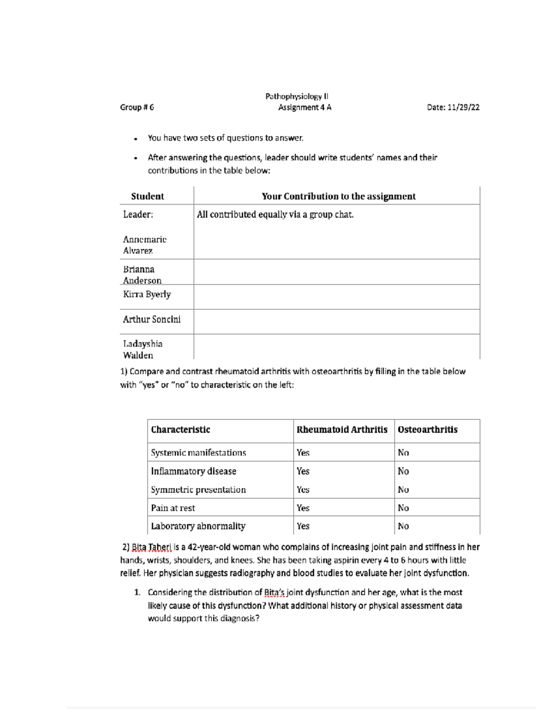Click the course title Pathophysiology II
point(296,96)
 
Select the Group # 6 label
point(137,108)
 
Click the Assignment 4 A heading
point(304,108)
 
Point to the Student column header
point(147,196)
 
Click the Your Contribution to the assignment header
point(338,196)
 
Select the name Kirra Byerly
point(147,295)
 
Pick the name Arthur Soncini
point(151,319)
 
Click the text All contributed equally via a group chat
point(275,215)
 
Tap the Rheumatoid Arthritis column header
point(342,430)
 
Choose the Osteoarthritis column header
point(428,430)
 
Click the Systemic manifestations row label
point(198,453)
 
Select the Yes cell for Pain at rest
point(303,508)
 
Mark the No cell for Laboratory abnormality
point(403,526)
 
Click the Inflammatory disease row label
point(193,471)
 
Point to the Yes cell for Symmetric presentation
point(303,490)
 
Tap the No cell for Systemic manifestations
point(403,453)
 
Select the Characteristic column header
point(181,430)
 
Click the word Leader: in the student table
point(138,215)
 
